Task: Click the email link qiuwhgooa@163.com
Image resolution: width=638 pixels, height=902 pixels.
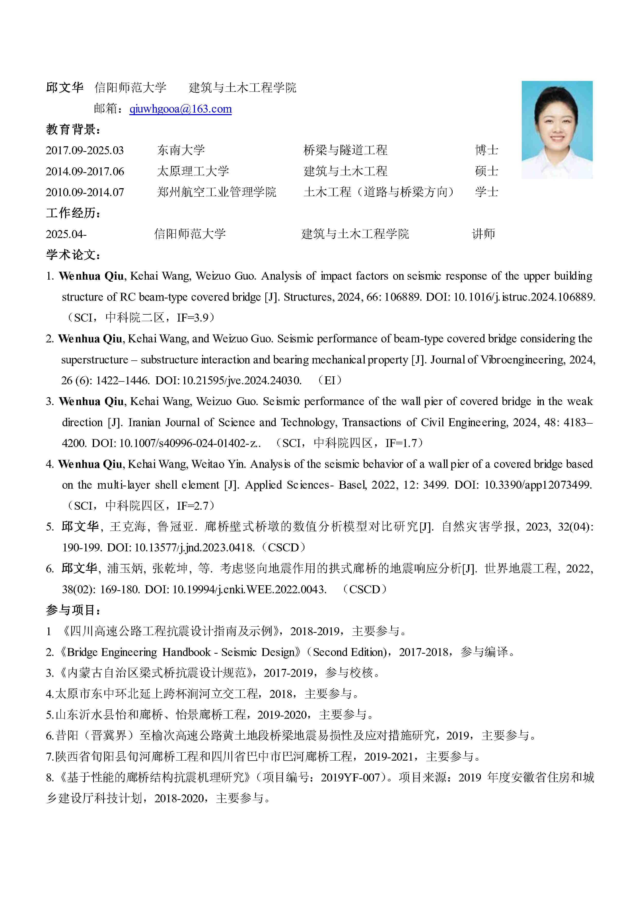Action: (181, 109)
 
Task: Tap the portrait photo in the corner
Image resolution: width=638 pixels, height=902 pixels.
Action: (557, 130)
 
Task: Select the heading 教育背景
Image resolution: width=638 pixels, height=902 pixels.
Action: (73, 129)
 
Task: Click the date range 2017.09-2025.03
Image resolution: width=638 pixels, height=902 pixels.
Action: (85, 150)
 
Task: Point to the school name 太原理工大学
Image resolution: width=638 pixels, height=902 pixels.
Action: (193, 171)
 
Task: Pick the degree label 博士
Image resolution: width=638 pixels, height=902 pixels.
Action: (486, 150)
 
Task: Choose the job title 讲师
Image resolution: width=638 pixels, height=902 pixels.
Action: (483, 234)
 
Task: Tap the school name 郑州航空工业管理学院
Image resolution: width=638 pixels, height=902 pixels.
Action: (217, 192)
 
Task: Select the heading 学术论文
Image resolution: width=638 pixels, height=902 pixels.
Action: (73, 255)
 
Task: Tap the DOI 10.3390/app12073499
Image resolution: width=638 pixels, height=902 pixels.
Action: (537, 485)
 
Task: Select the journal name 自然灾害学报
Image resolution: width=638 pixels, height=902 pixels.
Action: (478, 527)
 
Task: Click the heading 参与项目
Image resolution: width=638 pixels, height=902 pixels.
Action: (73, 610)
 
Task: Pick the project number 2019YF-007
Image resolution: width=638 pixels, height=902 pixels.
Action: (350, 778)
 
